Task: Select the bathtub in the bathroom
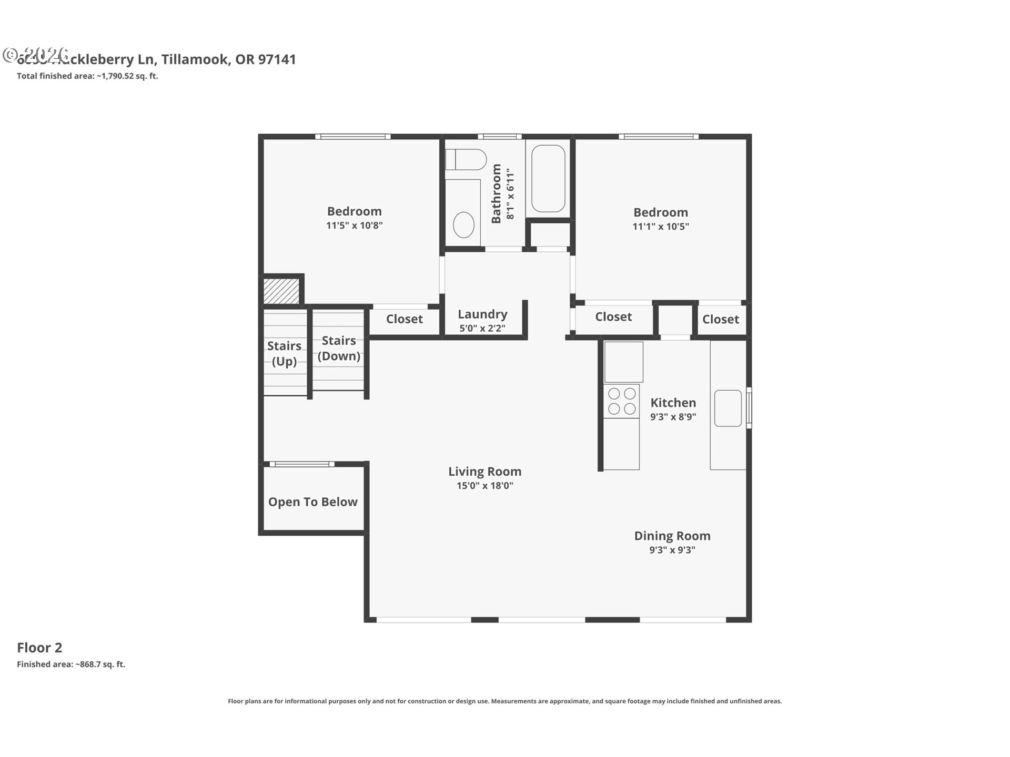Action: [548, 179]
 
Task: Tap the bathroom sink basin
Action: [463, 225]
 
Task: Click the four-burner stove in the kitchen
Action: [622, 401]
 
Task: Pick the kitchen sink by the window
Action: [728, 408]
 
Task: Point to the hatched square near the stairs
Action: [281, 291]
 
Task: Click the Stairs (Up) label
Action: [284, 353]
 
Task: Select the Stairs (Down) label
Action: [339, 348]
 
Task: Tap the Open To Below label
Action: [313, 502]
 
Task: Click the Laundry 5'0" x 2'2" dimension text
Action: [482, 329]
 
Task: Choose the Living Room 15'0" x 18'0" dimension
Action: [484, 486]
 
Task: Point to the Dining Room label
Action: [672, 536]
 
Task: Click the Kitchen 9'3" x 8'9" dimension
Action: [673, 417]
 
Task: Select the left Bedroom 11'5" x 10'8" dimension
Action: [354, 226]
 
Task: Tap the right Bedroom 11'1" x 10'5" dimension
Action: [660, 227]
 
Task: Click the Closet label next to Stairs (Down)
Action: [404, 319]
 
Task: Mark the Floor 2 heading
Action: [39, 648]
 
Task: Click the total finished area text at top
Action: [87, 76]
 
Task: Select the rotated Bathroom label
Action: [496, 193]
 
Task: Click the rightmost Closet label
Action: [720, 319]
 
